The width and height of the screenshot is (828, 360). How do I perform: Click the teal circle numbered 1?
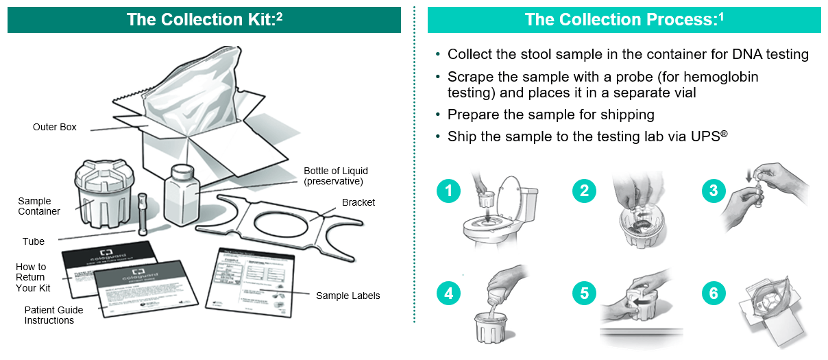tap(448, 191)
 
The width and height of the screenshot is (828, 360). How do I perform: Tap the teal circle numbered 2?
tap(584, 191)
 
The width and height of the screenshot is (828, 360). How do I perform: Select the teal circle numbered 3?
tap(714, 191)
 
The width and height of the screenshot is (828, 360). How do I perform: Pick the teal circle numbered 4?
tap(448, 293)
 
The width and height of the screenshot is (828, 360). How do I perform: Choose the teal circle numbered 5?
tap(584, 293)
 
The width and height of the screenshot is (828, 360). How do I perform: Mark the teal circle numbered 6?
tap(714, 293)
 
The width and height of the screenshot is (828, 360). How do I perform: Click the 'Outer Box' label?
tap(55, 127)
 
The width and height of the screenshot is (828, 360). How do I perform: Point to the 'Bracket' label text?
tap(358, 202)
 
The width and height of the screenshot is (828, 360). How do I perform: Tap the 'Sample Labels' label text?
tap(348, 296)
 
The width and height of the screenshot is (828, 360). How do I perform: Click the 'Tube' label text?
tap(34, 241)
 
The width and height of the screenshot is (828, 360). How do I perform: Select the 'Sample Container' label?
tap(39, 206)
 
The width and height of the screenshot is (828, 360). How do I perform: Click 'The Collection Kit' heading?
tap(204, 19)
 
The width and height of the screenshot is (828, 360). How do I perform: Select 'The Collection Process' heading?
tap(624, 19)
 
